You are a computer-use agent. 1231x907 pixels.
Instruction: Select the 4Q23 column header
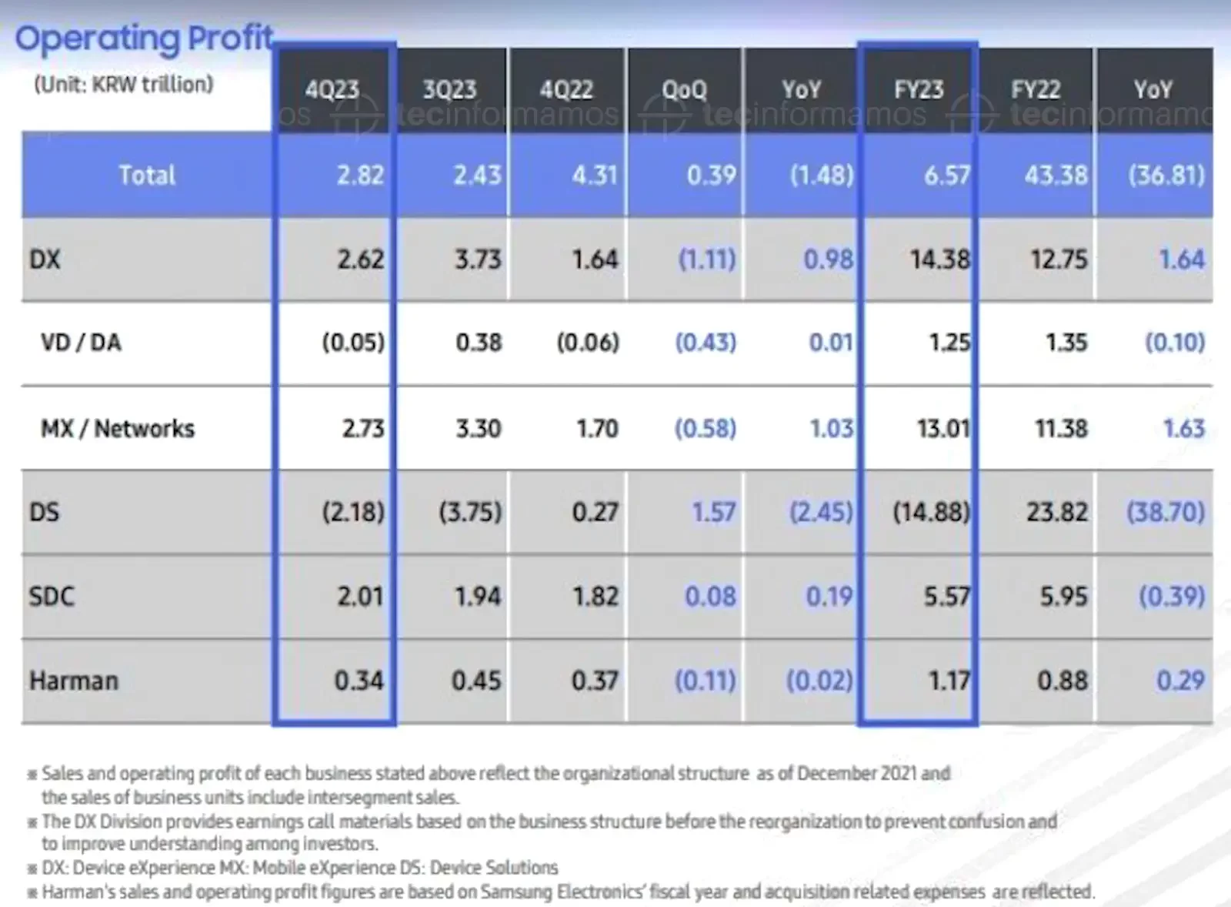coord(332,89)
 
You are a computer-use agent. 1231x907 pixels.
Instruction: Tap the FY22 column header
coord(1035,89)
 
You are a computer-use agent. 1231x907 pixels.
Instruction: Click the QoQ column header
coord(684,89)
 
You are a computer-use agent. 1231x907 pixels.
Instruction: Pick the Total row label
coord(147,175)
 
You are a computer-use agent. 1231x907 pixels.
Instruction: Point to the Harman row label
coord(74,681)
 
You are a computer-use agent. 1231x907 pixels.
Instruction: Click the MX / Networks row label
coord(118,428)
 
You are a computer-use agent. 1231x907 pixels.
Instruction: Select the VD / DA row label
coord(81,342)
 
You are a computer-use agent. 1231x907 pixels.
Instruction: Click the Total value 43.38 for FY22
coord(1056,175)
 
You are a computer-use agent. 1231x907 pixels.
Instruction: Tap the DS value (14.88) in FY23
coord(931,512)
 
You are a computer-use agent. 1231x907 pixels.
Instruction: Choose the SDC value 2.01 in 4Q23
coord(359,596)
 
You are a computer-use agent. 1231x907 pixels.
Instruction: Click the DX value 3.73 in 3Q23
coord(478,259)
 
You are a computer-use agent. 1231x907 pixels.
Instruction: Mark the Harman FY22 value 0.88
coord(1063,681)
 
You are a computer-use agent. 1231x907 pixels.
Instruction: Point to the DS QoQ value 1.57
coord(713,512)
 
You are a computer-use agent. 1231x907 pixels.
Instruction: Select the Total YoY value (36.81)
coord(1166,175)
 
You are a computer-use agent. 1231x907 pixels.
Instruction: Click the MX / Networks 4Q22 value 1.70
coord(597,428)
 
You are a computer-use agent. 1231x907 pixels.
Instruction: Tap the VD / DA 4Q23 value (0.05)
coord(353,342)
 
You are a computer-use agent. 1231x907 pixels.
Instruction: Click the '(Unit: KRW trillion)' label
coord(123,84)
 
